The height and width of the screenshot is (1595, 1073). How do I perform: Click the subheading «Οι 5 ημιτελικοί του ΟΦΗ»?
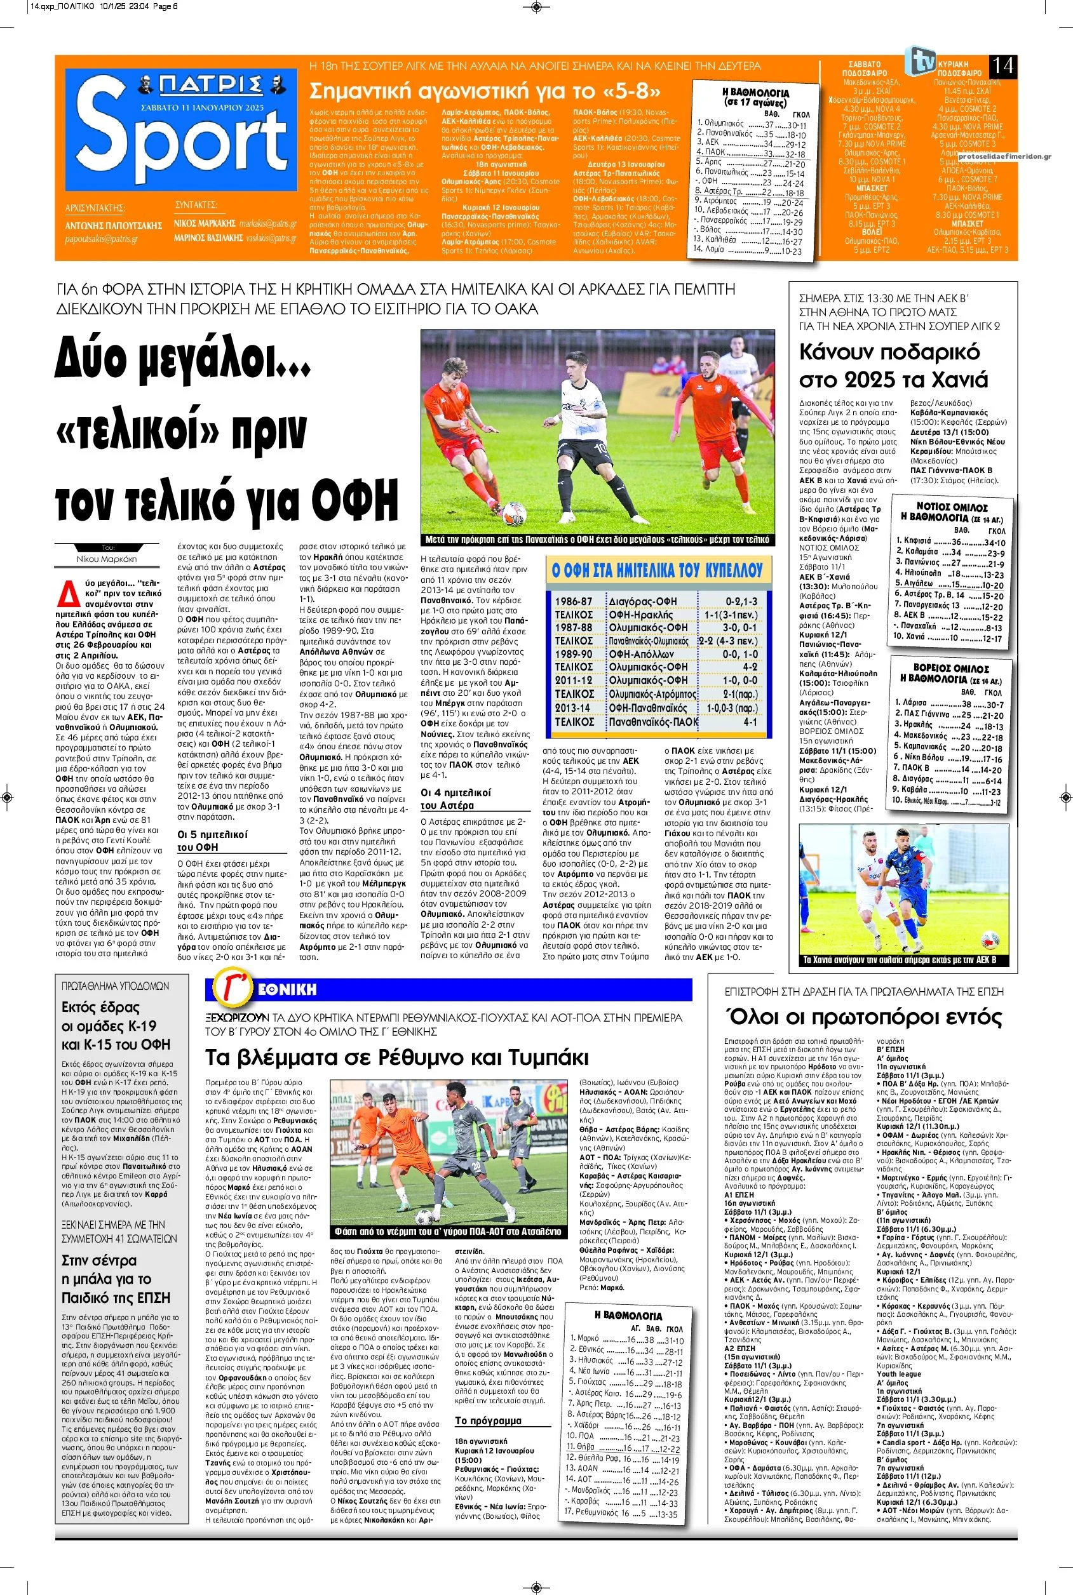click(x=213, y=841)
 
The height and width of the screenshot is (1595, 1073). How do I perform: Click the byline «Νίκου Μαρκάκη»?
click(x=106, y=558)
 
